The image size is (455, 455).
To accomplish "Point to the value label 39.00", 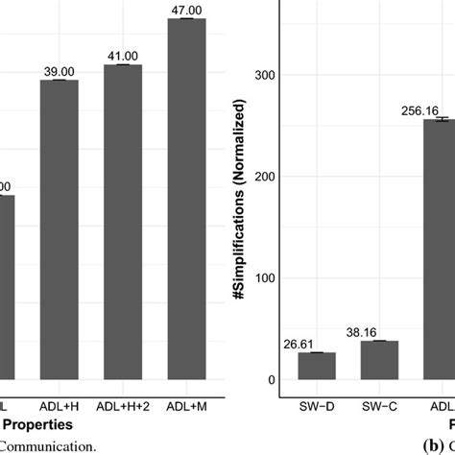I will pos(60,72).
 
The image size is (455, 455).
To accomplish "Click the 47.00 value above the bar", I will pos(186,11).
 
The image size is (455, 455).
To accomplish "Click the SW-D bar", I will pos(317,366).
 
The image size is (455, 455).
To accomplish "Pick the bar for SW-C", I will pos(380,360).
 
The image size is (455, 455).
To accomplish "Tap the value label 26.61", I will pos(317,345).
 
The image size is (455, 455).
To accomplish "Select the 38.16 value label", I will pos(380,333).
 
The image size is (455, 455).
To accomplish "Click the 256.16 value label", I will pos(419,111).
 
